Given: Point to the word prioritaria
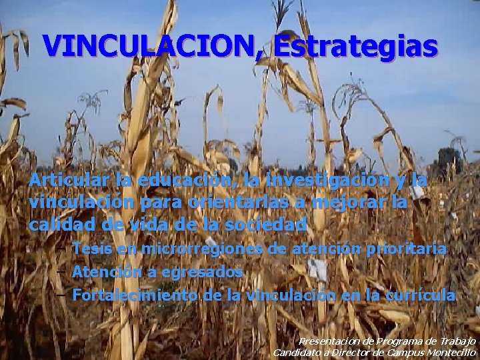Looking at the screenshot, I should (x=407, y=249).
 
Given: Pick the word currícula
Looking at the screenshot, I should (x=421, y=295).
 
